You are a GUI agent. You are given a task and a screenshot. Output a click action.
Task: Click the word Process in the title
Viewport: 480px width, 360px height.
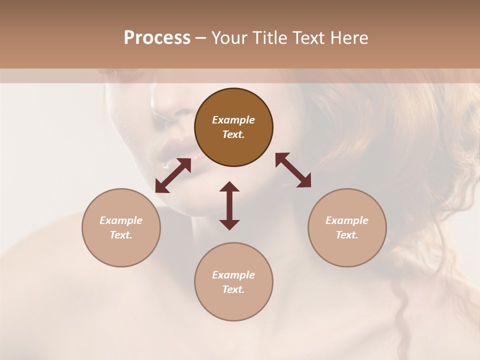[157, 38]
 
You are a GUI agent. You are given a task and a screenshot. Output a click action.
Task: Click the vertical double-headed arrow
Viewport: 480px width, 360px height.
[229, 205]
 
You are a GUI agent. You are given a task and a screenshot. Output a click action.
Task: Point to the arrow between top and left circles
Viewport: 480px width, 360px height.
[173, 175]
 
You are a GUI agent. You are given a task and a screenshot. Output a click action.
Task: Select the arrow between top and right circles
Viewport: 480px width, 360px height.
[293, 170]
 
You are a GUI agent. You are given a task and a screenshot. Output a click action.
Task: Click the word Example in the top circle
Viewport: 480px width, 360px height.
[233, 120]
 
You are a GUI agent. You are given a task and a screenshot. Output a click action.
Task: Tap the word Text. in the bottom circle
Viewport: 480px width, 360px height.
[233, 289]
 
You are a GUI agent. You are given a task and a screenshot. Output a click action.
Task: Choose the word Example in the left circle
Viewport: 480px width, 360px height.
[121, 220]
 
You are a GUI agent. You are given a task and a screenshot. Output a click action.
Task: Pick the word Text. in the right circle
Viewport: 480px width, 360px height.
[347, 235]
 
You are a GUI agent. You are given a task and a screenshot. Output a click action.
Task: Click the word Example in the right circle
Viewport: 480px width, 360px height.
[347, 220]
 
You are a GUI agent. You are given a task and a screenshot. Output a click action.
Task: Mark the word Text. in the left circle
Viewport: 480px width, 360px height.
[121, 235]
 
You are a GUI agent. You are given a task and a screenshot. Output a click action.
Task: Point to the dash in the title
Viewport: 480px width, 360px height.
[201, 38]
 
